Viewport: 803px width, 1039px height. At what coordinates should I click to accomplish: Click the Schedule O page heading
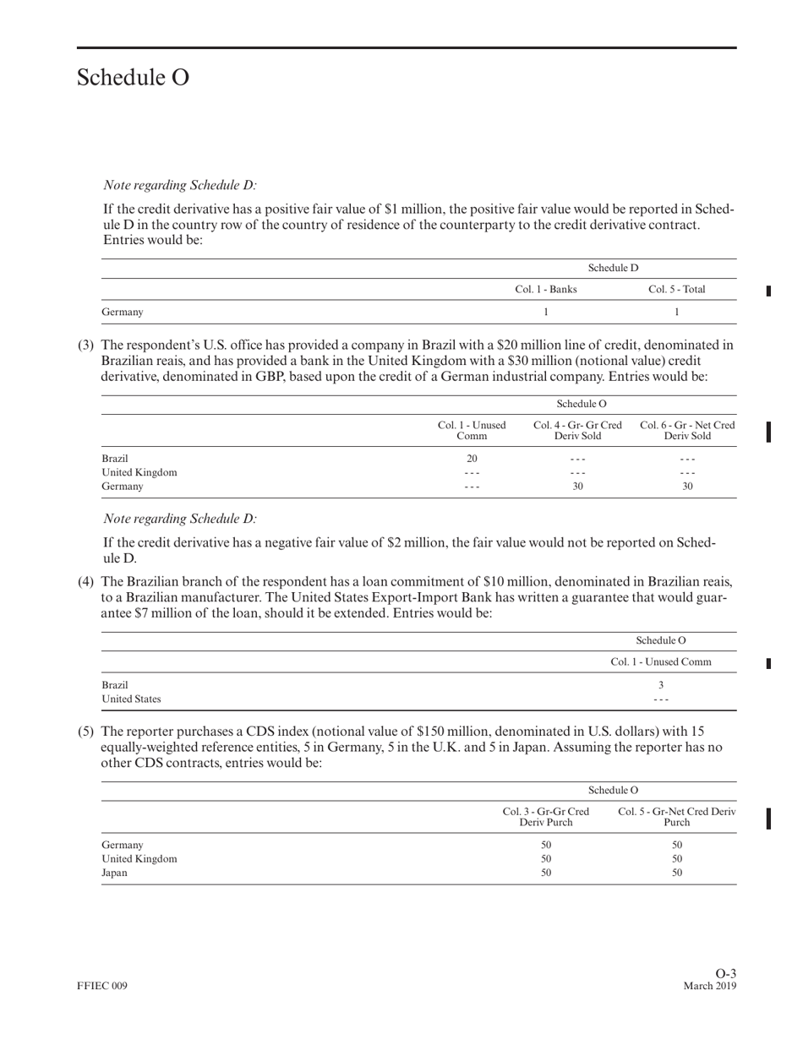tap(133, 78)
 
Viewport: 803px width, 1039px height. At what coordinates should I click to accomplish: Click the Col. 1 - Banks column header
tap(545, 290)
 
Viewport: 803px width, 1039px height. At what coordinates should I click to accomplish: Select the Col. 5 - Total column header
tap(676, 290)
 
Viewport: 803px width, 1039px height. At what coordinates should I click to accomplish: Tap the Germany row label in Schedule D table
tap(123, 312)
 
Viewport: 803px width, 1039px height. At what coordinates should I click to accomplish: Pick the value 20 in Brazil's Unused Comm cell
tap(472, 459)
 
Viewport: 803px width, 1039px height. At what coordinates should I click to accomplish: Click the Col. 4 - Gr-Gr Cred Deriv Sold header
tap(578, 430)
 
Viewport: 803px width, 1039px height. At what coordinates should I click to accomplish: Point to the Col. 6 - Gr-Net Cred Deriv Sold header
tap(687, 430)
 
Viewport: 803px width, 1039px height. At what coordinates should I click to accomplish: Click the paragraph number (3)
tap(86, 345)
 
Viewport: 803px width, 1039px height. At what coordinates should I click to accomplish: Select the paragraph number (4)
tap(86, 582)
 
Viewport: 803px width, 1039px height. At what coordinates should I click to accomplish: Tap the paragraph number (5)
tap(86, 731)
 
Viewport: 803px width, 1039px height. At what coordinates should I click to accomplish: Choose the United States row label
tap(131, 699)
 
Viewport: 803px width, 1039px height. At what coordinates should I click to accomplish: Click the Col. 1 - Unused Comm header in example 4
tap(661, 662)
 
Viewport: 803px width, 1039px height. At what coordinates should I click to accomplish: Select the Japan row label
tap(114, 873)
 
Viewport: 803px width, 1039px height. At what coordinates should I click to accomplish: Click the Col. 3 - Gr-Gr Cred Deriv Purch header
tap(545, 817)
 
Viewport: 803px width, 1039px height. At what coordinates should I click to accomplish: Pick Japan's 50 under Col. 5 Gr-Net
tap(676, 873)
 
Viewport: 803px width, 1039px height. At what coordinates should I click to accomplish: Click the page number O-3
tap(725, 974)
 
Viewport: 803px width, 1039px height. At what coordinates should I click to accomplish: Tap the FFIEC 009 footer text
tap(102, 987)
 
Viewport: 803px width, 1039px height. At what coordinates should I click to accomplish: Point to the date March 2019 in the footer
tap(709, 987)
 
